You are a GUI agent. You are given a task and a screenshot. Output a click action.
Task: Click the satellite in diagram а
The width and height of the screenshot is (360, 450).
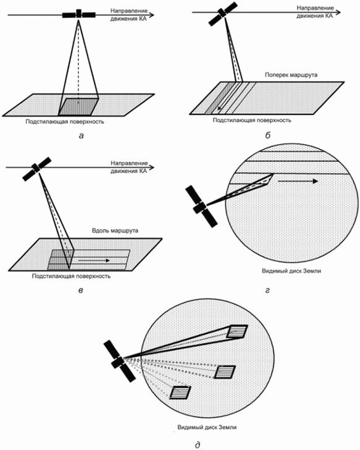[x=79, y=14]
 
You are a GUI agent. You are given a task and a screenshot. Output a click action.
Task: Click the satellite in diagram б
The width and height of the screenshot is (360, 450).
[x=223, y=14]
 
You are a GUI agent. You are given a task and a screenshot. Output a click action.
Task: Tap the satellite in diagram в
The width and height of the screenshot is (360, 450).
[x=37, y=169]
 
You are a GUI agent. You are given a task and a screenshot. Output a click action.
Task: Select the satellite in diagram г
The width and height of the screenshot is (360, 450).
[x=201, y=206]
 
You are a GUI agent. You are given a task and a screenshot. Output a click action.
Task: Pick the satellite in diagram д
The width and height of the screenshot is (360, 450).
[x=119, y=361]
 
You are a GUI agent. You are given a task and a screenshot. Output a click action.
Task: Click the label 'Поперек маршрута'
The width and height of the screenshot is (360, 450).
[x=291, y=75]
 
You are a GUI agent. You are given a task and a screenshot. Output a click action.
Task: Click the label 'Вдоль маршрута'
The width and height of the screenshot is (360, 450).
[x=115, y=231]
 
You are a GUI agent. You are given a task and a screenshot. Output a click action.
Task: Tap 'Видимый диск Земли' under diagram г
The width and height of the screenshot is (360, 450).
[x=291, y=271]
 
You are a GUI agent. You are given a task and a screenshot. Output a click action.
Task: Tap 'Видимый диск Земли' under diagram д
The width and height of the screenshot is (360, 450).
[x=207, y=427]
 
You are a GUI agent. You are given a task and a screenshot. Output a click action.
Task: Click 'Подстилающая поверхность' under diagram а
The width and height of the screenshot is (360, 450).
[x=65, y=121]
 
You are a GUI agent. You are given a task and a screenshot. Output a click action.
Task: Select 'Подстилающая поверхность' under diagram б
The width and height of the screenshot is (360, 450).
[x=252, y=120]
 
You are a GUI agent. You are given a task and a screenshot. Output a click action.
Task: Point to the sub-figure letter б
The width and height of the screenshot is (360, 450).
[x=268, y=135]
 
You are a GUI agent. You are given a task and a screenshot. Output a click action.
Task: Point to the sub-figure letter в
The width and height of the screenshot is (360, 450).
[x=80, y=290]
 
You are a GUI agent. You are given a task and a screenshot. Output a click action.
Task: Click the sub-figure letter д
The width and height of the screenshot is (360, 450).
[x=198, y=444]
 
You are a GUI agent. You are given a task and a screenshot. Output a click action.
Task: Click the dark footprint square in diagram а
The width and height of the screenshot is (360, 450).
[x=78, y=107]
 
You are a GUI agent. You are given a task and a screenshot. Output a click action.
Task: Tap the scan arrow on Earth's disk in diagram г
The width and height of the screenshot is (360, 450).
[x=298, y=181]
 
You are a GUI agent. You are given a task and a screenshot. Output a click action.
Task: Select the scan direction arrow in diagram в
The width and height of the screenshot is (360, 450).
[x=94, y=260]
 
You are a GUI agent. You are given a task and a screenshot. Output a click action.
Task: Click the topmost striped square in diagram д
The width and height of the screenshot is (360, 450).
[x=237, y=332]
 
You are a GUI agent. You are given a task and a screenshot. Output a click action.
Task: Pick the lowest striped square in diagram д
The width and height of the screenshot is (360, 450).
[x=180, y=393]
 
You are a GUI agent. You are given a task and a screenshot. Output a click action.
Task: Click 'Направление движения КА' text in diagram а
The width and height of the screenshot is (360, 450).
[x=129, y=15]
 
